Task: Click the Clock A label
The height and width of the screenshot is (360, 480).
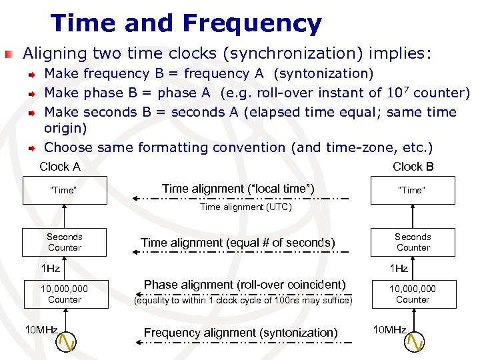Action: point(60,167)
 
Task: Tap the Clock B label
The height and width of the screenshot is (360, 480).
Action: point(413,167)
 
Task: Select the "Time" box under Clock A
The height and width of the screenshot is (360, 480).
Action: point(65,190)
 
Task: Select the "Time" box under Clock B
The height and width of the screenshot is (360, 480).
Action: point(413,190)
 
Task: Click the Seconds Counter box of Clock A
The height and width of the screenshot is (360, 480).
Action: point(65,242)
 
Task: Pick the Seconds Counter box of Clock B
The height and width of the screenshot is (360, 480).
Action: point(413,242)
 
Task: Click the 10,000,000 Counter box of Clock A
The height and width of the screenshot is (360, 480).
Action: point(65,294)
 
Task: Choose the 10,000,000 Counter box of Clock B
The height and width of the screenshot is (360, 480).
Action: point(413,294)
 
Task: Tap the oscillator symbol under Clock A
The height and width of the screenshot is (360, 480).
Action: point(66,341)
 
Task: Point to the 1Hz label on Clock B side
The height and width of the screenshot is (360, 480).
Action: point(398,268)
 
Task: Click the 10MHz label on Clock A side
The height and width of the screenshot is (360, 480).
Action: point(42,329)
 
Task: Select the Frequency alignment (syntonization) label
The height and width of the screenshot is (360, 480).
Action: point(241,333)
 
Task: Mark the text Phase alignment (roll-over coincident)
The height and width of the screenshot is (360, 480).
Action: point(245,285)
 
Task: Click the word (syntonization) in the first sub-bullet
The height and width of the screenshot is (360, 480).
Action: point(323,73)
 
